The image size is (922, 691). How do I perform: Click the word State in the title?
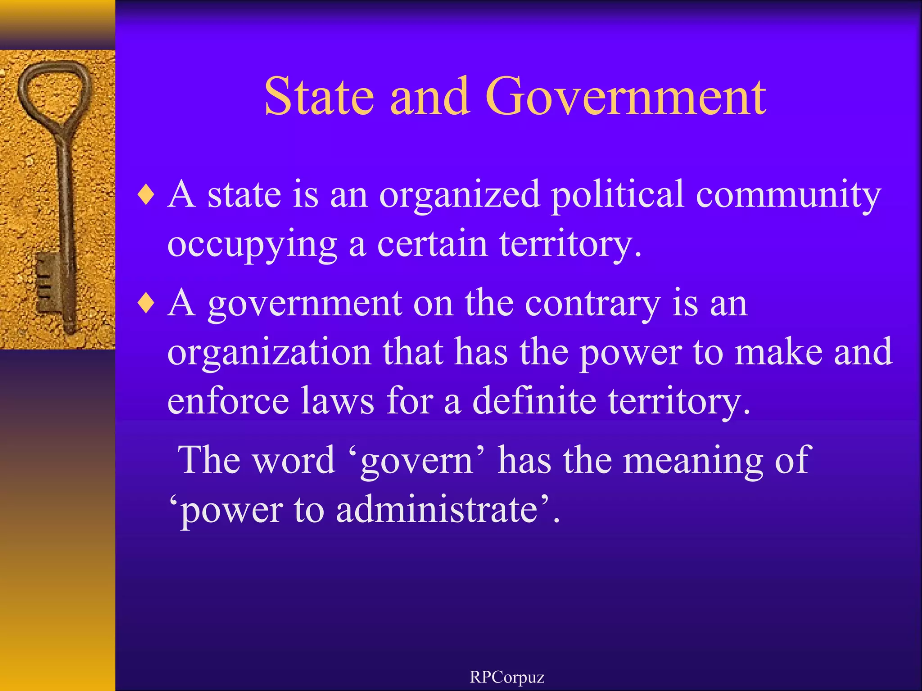coord(319,96)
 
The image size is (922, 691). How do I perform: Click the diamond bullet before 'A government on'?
coord(146,304)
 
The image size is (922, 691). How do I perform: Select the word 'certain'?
coord(432,244)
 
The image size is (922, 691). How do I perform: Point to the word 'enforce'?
coord(228,400)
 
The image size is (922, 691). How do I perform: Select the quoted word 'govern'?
coord(416,462)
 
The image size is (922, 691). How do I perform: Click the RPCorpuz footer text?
coord(507,677)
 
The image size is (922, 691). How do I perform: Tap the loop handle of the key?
coord(54,90)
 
